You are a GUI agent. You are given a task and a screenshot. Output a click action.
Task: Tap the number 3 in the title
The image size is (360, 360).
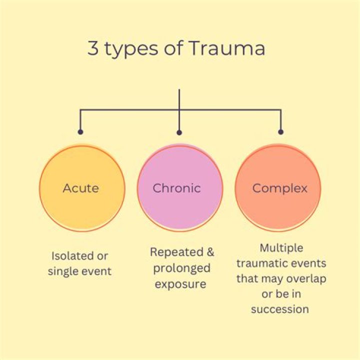click(x=93, y=49)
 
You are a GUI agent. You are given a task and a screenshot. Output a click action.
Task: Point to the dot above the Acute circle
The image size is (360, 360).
click(x=81, y=132)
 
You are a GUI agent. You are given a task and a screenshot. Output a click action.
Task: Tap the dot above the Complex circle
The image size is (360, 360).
click(x=280, y=132)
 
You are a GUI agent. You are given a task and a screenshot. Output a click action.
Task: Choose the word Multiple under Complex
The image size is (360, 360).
click(x=281, y=247)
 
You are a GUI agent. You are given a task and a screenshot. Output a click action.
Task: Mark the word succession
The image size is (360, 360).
click(x=280, y=308)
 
